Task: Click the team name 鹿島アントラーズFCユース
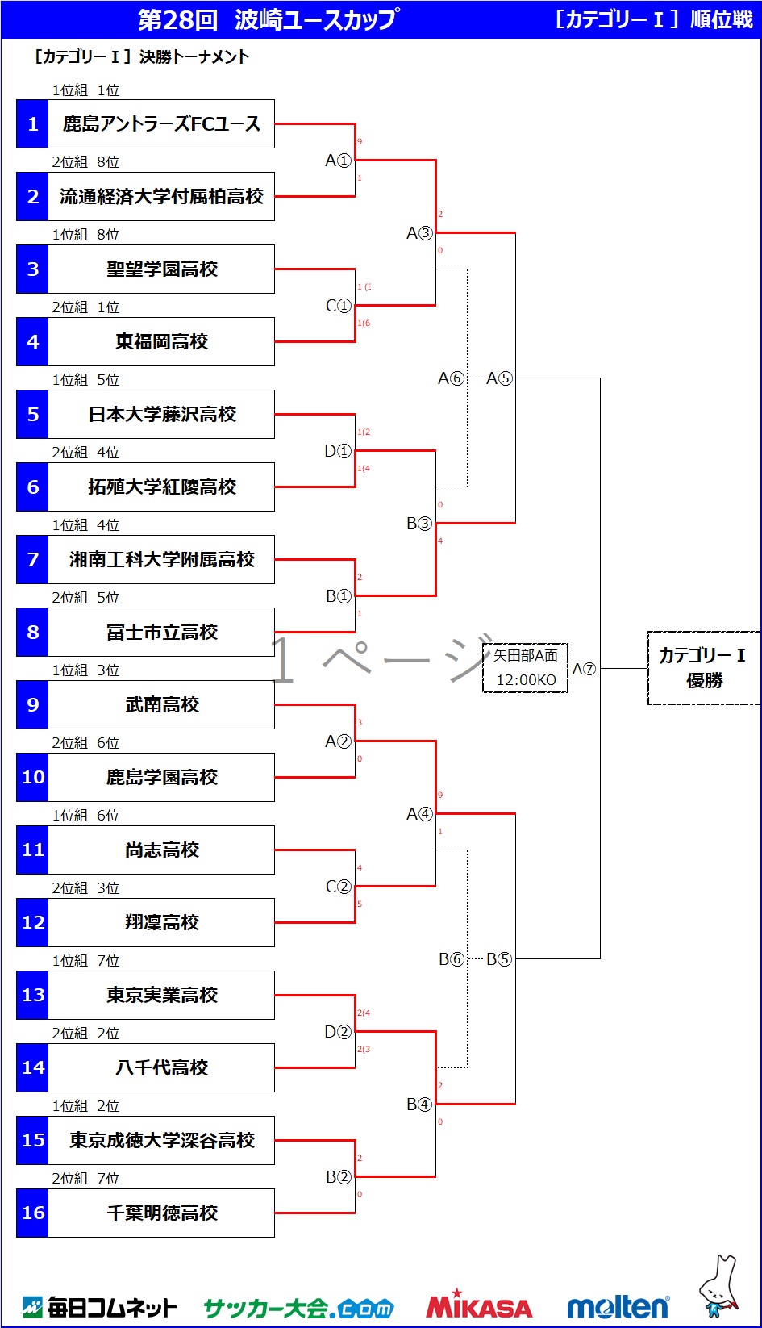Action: (x=161, y=124)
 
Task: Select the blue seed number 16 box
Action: (x=32, y=1213)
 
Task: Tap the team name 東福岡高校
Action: (x=161, y=342)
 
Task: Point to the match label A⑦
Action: (x=584, y=669)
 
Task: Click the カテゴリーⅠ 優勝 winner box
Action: (x=703, y=668)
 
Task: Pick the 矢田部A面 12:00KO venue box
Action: (x=526, y=668)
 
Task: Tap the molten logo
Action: (x=618, y=1305)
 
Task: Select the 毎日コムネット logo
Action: (x=100, y=1306)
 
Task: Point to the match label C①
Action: (x=339, y=306)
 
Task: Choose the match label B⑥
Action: (x=452, y=959)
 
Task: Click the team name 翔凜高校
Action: (x=161, y=923)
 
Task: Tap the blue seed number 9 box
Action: (x=32, y=705)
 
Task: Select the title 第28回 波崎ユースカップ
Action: (x=268, y=20)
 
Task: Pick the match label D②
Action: (x=338, y=1032)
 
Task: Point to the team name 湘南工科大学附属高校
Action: (x=161, y=560)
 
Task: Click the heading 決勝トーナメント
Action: (x=194, y=57)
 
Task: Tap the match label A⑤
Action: (x=499, y=378)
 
